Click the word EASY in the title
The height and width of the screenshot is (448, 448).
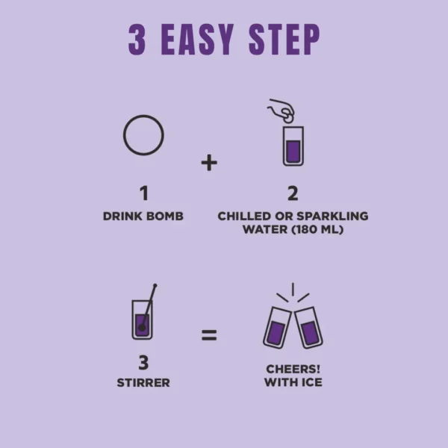(x=197, y=40)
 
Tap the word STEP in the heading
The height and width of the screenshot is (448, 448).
(x=284, y=40)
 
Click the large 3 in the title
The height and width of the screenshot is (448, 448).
(x=137, y=40)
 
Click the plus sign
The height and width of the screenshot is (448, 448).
(x=209, y=163)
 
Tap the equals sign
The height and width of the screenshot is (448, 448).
(x=209, y=335)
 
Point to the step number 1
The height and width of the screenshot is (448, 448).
(x=144, y=193)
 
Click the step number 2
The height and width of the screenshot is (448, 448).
(x=293, y=193)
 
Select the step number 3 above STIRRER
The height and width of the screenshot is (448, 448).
(x=143, y=363)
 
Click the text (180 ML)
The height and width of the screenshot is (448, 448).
(x=317, y=229)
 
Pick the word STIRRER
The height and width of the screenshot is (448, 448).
(x=143, y=383)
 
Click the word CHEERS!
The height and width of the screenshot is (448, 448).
(x=293, y=369)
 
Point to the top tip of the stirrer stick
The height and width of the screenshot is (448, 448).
(x=155, y=285)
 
